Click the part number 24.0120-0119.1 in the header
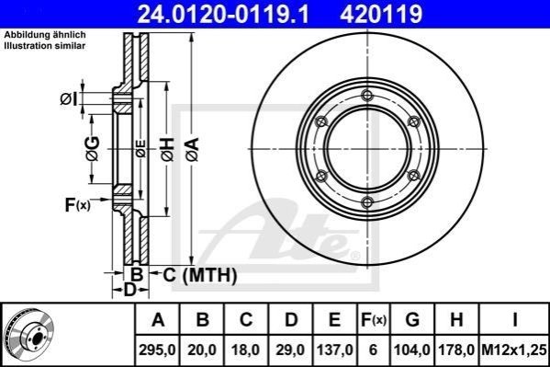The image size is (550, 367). coord(223,14)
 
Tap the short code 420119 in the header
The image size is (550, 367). coord(381,14)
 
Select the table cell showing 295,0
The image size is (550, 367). coord(158,350)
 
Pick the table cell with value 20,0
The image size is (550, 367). coord(202,350)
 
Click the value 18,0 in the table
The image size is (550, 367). coord(246,350)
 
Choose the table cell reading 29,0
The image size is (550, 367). coord(290,350)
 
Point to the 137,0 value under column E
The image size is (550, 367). coord(334,350)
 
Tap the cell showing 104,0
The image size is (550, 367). coord(412,350)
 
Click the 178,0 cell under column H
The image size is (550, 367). coord(456,350)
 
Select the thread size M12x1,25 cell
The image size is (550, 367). coord(514,350)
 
